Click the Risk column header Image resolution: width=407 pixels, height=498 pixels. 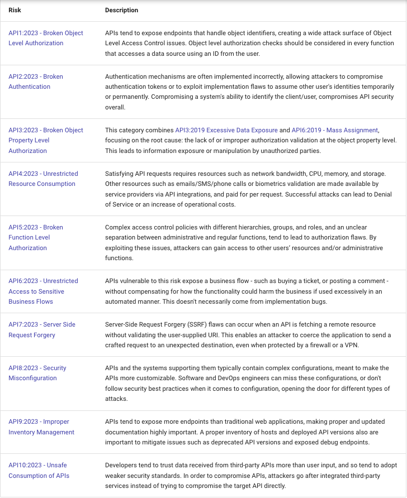[15, 10]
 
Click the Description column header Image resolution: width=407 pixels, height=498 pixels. [121, 10]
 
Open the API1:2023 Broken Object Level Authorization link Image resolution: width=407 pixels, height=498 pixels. [45, 33]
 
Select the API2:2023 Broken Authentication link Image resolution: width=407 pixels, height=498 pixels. [36, 76]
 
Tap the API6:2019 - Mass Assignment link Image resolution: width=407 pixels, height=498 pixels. [335, 130]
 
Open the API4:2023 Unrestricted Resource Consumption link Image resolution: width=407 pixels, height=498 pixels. [43, 174]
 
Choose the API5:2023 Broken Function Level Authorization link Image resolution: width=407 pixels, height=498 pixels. [36, 227]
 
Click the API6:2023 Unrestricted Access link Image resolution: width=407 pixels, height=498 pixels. [43, 281]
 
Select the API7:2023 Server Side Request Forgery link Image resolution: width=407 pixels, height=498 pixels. [42, 324]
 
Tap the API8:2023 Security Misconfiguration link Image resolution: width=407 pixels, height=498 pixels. [37, 368]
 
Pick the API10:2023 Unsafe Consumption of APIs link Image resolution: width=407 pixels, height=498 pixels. [38, 465]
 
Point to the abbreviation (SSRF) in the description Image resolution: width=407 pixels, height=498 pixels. [196, 324]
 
